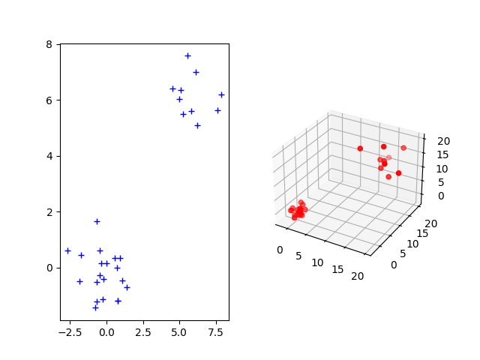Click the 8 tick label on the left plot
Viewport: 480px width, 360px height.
(49, 44)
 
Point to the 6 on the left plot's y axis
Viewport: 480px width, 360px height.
(49, 100)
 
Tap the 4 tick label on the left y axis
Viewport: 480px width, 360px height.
(49, 156)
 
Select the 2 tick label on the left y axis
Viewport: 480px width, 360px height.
(49, 212)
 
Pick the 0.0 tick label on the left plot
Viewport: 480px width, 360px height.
(106, 331)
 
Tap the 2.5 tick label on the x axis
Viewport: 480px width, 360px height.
(143, 331)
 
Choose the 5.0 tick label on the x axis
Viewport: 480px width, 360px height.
(180, 331)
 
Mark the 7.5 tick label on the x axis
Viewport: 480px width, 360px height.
(217, 331)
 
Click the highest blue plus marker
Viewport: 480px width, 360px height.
(187, 55)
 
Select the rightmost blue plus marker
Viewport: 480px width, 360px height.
(221, 94)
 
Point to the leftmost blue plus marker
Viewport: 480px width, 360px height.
(67, 250)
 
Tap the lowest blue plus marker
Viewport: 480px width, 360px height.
(95, 307)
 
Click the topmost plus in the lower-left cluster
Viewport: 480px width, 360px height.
(97, 221)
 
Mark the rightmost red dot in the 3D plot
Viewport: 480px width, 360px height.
(403, 148)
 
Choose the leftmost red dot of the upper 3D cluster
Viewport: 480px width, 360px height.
(360, 148)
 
